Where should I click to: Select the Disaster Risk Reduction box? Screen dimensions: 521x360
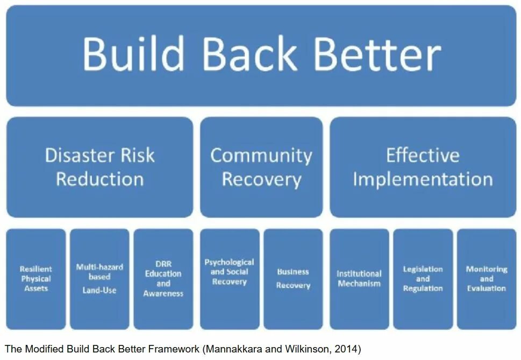(99, 167)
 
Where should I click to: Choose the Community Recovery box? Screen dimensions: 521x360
(261, 167)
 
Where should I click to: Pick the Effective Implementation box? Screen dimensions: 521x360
(423, 167)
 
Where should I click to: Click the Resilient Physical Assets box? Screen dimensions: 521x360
(36, 279)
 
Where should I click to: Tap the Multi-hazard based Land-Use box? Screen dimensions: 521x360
(99, 279)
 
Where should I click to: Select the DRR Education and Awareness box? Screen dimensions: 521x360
(163, 279)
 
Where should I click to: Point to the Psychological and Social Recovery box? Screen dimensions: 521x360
(229, 279)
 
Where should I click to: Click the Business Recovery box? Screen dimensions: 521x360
(293, 279)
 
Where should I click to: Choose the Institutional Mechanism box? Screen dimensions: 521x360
(359, 279)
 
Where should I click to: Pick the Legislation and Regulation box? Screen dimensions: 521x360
(423, 279)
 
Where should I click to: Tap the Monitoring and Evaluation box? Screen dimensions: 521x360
(486, 279)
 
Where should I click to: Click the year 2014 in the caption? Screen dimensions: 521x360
(347, 349)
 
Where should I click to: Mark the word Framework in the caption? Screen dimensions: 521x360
(175, 349)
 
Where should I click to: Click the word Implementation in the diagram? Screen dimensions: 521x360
(423, 179)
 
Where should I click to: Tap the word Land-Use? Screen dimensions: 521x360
(99, 290)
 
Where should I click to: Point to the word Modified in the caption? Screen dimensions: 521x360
(45, 349)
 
